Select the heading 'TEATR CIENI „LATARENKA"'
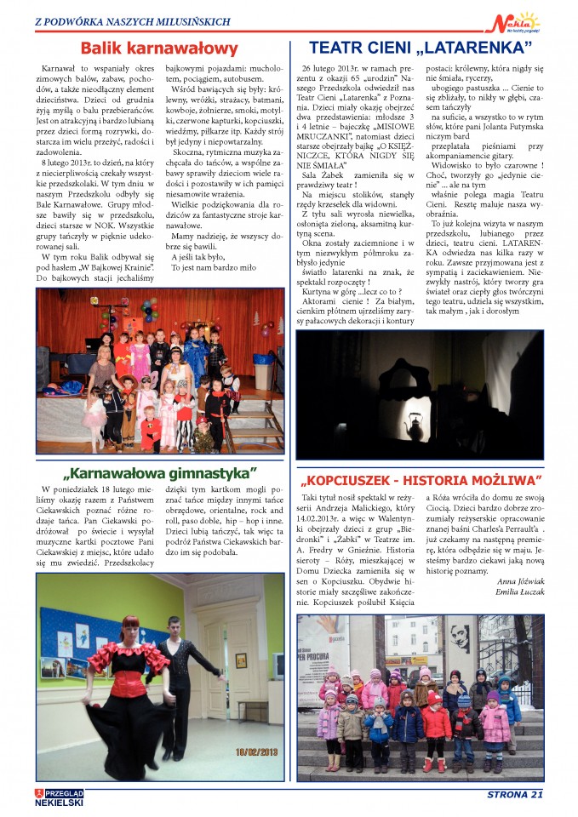tap(421, 47)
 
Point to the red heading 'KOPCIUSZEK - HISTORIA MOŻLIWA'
tap(420, 480)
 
